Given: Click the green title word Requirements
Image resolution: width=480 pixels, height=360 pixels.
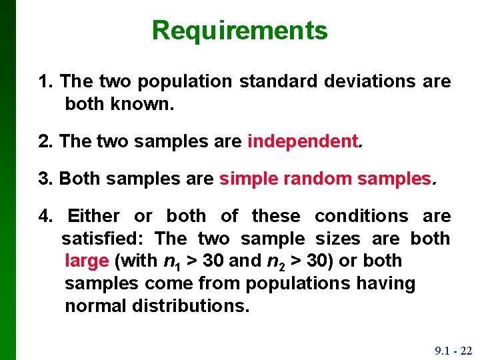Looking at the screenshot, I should coord(239,31).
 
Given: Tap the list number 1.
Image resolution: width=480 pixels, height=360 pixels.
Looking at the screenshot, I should coord(45,82).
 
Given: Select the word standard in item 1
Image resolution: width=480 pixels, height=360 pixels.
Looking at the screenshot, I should coord(278,82).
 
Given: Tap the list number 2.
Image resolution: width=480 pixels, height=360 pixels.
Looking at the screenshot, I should coord(45,141).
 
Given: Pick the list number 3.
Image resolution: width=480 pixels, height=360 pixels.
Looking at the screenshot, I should coord(45,179).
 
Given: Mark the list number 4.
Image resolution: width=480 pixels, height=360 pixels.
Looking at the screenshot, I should coord(45,216).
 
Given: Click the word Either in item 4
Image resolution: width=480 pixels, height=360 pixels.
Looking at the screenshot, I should coord(94,216).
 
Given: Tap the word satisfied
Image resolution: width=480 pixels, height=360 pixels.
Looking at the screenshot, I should coord(103,239).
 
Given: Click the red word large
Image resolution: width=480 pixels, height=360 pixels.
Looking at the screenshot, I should coord(86,261).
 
